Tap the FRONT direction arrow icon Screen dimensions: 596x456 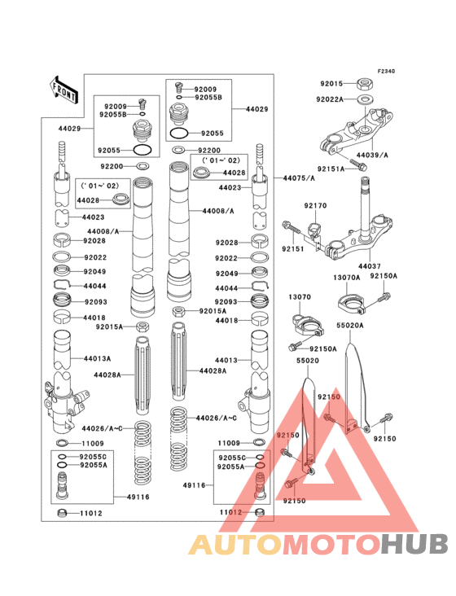(64, 90)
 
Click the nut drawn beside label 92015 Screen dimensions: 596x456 (366, 83)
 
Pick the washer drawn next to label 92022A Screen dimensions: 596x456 (366, 99)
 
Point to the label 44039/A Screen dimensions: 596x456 (373, 155)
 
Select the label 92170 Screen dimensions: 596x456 (315, 206)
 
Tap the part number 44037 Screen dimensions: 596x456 (369, 266)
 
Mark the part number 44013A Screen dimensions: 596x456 (97, 357)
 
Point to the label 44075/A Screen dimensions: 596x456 (299, 177)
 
